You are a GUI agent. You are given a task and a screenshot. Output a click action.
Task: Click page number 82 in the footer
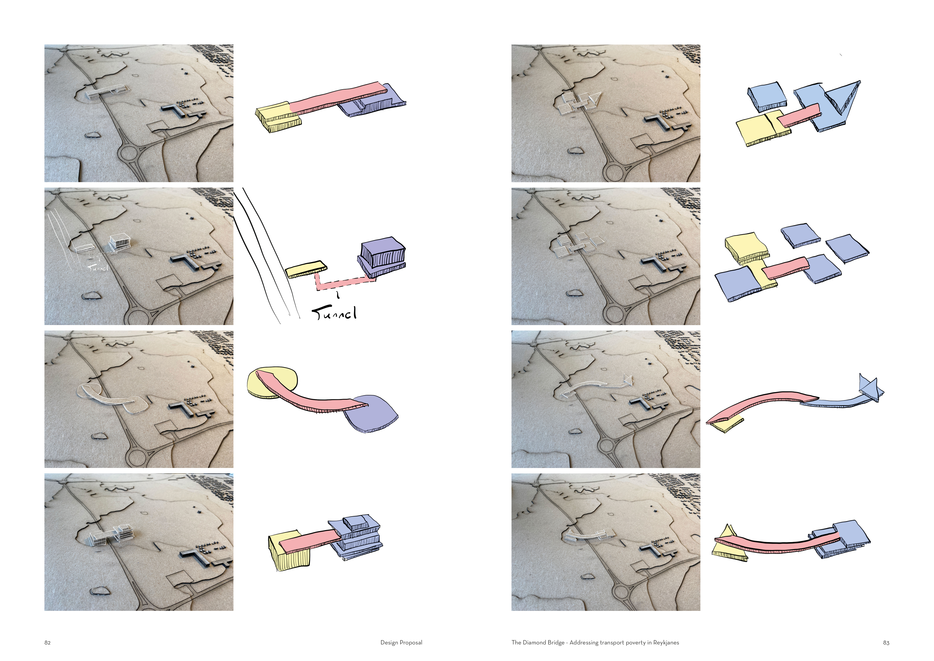point(48,643)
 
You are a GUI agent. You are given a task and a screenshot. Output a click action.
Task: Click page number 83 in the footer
point(886,643)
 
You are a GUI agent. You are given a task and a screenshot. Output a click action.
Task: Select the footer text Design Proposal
point(401,643)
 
